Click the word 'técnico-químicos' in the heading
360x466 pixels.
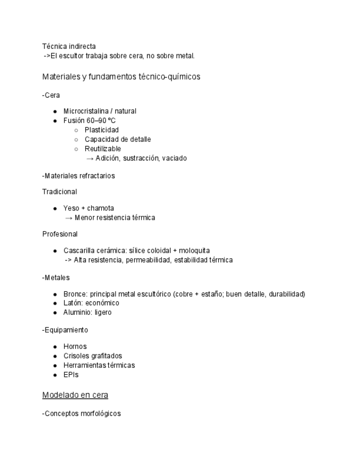pyautogui.click(x=170, y=77)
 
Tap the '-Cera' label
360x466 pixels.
pyautogui.click(x=51, y=95)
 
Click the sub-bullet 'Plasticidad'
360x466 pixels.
pyautogui.click(x=101, y=130)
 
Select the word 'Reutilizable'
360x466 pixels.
pyautogui.click(x=103, y=148)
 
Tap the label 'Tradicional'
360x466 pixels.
pyautogui.click(x=59, y=192)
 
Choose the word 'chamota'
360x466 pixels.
pyautogui.click(x=101, y=208)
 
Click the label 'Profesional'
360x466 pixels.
pyautogui.click(x=60, y=234)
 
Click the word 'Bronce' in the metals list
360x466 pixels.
pyautogui.click(x=74, y=294)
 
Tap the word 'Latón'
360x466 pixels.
pyautogui.click(x=72, y=303)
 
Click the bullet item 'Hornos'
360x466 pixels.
pyautogui.click(x=75, y=347)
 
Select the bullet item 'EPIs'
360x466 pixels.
pyautogui.click(x=71, y=375)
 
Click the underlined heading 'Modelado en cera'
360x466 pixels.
pyautogui.click(x=75, y=395)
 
